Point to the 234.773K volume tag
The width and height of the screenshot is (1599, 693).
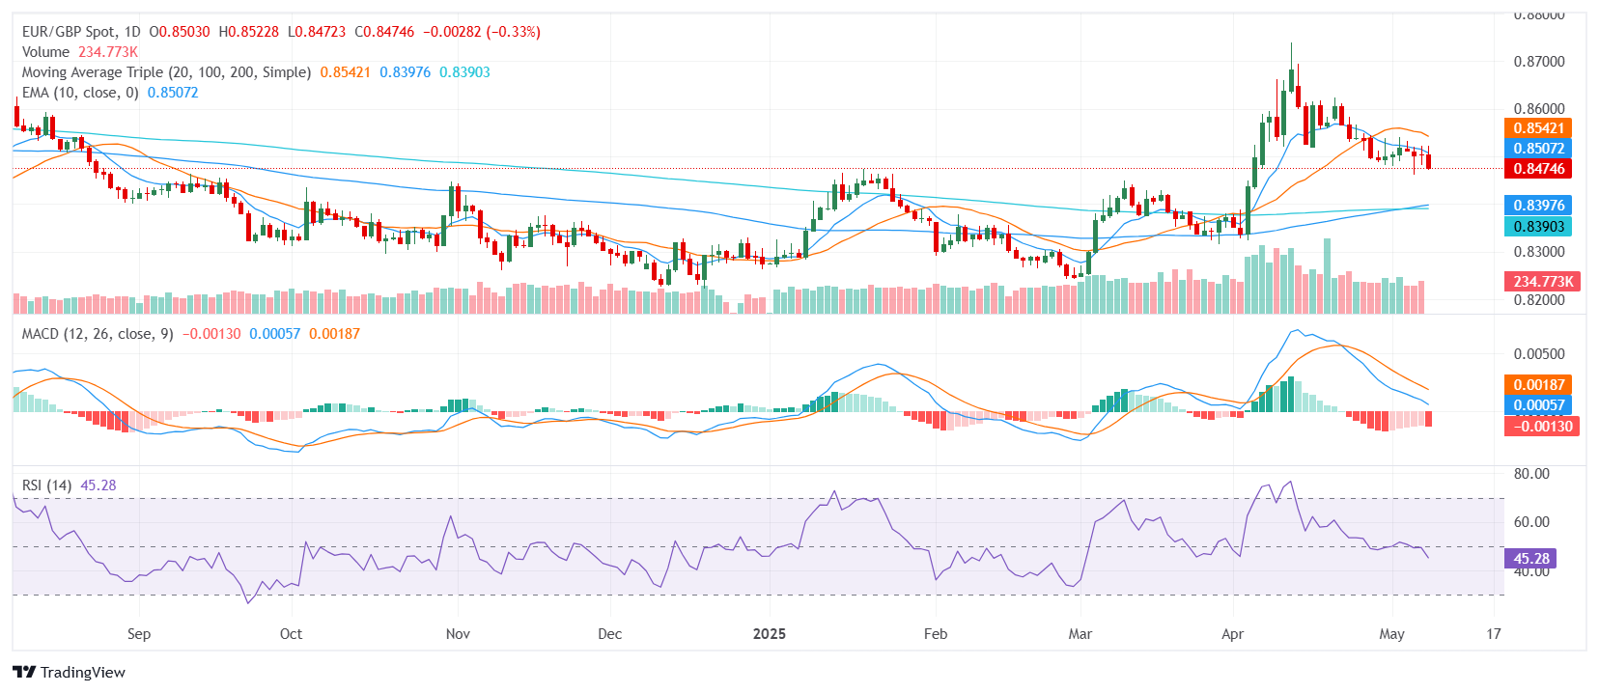click(1542, 282)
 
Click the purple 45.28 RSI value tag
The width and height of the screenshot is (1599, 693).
click(1530, 559)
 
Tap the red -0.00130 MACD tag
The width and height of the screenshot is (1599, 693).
click(1542, 427)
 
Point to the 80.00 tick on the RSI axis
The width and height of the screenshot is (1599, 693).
click(1531, 474)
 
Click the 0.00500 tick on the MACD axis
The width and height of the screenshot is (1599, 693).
click(1538, 354)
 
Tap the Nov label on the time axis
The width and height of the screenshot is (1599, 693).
click(458, 634)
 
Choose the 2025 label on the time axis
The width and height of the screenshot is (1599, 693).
click(769, 634)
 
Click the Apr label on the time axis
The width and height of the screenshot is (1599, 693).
click(1232, 634)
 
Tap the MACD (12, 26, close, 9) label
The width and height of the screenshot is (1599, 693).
click(98, 334)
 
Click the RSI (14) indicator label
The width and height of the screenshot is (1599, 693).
click(46, 485)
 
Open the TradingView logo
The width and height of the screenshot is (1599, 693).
click(70, 673)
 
